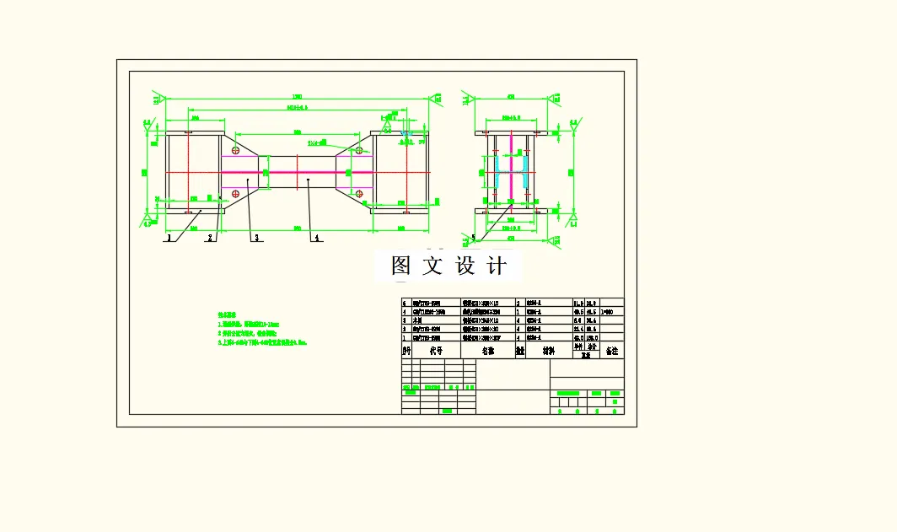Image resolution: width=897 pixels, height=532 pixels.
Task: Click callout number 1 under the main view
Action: (x=169, y=238)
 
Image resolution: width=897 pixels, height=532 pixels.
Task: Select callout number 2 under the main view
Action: (x=210, y=238)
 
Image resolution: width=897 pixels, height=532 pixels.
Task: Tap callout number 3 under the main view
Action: (x=256, y=238)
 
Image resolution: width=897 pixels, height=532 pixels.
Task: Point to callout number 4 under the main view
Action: (x=316, y=238)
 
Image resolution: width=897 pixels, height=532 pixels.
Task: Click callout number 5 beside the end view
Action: (x=473, y=238)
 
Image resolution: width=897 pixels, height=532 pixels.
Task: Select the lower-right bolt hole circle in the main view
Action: (x=359, y=194)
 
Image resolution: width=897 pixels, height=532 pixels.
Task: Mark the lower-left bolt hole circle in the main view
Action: (x=235, y=194)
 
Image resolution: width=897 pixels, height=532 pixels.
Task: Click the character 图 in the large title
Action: (x=401, y=266)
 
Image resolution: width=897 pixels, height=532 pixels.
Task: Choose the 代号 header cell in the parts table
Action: (x=435, y=350)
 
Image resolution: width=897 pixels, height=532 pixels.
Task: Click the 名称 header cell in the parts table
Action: (x=488, y=350)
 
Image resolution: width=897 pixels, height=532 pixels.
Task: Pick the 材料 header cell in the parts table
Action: (x=548, y=350)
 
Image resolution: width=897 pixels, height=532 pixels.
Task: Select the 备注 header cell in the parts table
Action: (x=611, y=350)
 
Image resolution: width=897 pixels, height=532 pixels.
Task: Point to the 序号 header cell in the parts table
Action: (x=406, y=350)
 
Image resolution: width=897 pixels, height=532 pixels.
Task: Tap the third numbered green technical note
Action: (x=261, y=343)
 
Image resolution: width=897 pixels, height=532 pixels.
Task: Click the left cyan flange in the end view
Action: (x=498, y=172)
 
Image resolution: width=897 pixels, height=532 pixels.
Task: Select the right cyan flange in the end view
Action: (x=525, y=172)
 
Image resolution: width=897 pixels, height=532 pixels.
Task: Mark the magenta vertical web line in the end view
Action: (x=512, y=169)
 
